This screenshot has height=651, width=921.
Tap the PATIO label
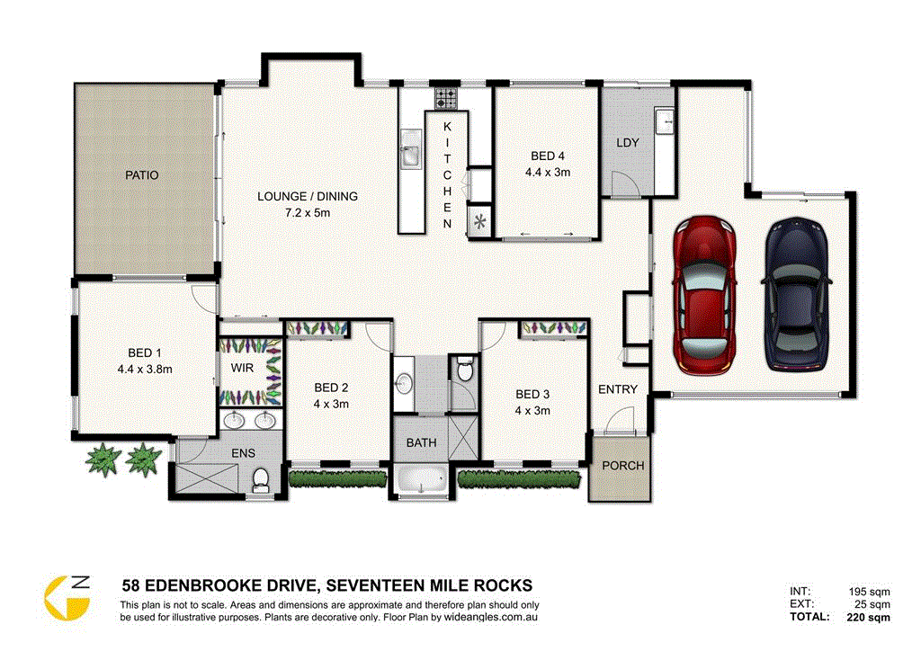(x=141, y=175)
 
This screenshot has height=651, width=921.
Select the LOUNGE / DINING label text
(x=307, y=197)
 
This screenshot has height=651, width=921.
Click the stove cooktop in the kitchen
(x=447, y=97)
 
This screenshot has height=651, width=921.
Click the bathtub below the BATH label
(x=422, y=481)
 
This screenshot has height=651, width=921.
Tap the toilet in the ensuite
(x=261, y=480)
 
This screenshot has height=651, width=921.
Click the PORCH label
(x=622, y=466)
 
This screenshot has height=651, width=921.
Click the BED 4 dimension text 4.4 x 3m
(x=548, y=172)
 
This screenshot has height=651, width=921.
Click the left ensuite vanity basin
(x=236, y=420)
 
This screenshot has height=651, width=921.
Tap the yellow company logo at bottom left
(x=67, y=596)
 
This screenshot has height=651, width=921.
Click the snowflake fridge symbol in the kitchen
(x=479, y=221)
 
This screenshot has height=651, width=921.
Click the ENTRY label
(x=617, y=389)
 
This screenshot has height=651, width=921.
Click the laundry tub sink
(x=665, y=120)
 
